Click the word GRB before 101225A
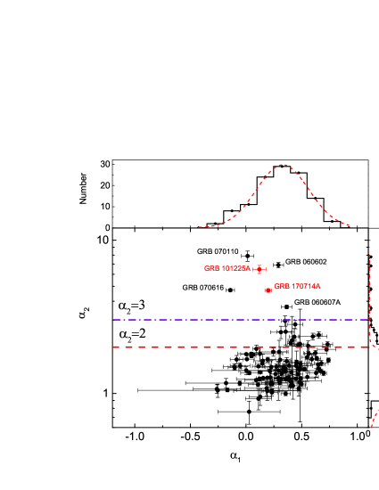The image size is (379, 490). (211, 268)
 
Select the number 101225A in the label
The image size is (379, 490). (235, 268)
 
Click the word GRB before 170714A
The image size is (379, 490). (282, 286)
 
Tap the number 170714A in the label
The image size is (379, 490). (306, 286)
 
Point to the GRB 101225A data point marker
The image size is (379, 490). (260, 269)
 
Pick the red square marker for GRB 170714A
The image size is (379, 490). (268, 290)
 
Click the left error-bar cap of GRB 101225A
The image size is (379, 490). (254, 269)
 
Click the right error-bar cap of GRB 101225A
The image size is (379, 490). (266, 269)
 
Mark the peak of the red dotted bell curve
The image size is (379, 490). (283, 164)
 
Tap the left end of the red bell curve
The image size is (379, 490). (199, 227)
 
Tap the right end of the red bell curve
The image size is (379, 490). (349, 225)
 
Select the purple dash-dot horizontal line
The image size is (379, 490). (241, 319)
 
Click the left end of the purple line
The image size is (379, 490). (114, 319)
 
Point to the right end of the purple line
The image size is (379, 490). (368, 319)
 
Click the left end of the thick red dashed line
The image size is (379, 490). (114, 347)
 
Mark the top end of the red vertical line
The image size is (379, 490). (370, 255)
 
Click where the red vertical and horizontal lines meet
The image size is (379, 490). (370, 347)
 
